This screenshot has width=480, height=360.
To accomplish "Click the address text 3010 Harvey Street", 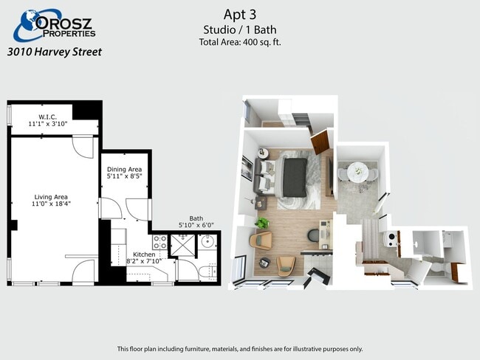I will click(x=54, y=52).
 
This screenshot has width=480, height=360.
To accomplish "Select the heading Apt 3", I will click(x=240, y=14).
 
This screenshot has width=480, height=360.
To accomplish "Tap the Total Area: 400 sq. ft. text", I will click(x=240, y=42).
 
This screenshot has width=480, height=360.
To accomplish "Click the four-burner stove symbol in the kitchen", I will click(x=160, y=243).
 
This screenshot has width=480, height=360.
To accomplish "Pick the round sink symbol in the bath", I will click(x=208, y=242).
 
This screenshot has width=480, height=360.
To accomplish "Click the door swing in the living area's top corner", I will click(x=83, y=147).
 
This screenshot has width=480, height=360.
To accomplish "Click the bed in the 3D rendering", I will click(x=294, y=177).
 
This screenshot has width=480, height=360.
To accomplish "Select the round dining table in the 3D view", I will click(x=358, y=171).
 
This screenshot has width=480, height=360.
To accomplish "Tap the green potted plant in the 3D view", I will click(x=261, y=221).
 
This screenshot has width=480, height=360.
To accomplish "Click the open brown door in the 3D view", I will click(x=320, y=142).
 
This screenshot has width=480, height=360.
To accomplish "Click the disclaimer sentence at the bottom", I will click(x=240, y=349).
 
